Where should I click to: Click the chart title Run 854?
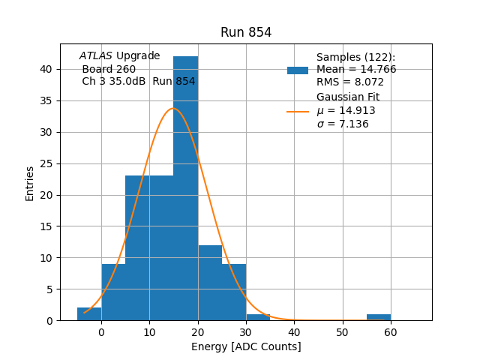pos(246,32)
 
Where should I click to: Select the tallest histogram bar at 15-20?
pos(185,187)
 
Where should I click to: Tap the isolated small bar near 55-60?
pos(379,317)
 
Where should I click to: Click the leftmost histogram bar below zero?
pos(89,313)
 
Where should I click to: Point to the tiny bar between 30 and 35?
pos(258,317)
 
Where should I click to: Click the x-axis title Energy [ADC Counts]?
pos(246,346)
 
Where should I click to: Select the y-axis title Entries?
pos(30,183)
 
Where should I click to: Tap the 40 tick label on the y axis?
pos(46,69)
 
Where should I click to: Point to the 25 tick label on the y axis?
pos(46,163)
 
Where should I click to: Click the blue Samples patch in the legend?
pos(298,70)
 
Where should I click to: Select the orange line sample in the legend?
pos(298,112)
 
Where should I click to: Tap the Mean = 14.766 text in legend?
pos(356,70)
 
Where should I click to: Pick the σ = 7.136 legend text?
pos(343,124)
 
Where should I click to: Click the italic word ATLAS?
pos(96,56)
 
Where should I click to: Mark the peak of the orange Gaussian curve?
pos(173,108)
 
